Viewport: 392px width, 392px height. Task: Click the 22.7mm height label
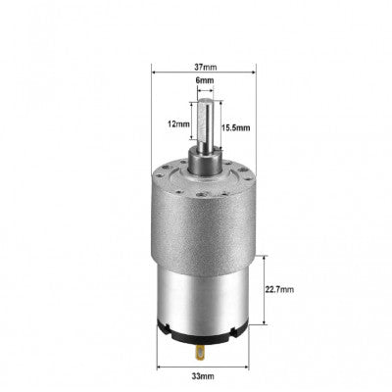coord(283,291)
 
